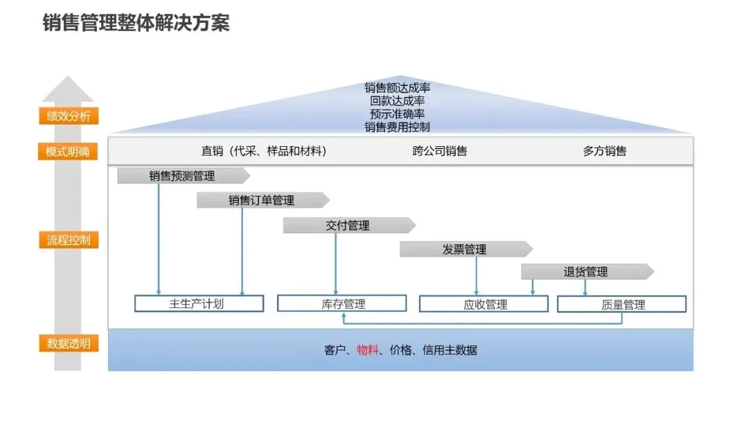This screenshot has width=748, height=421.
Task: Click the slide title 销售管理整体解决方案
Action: pyautogui.click(x=136, y=23)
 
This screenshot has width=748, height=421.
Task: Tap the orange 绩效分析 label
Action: pyautogui.click(x=69, y=116)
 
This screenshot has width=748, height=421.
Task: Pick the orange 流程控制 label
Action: pyautogui.click(x=69, y=241)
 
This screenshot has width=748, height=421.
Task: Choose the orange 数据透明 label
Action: pyautogui.click(x=69, y=343)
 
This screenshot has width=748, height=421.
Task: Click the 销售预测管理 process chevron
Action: pyautogui.click(x=182, y=176)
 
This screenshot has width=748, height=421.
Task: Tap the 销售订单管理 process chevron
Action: pyautogui.click(x=262, y=200)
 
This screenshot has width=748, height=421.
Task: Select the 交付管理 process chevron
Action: pyautogui.click(x=348, y=225)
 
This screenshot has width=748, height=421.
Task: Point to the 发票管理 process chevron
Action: pyautogui.click(x=465, y=249)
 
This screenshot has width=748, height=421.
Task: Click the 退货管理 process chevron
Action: pyautogui.click(x=586, y=271)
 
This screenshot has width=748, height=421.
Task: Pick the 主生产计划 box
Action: pyautogui.click(x=199, y=303)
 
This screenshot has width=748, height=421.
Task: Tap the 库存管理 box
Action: pyautogui.click(x=341, y=303)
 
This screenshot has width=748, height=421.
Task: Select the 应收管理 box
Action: pyautogui.click(x=484, y=304)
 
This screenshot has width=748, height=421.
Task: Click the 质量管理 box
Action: pyautogui.click(x=621, y=304)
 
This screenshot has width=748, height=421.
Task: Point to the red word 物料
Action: pyautogui.click(x=368, y=350)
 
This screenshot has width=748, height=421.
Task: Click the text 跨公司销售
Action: pyautogui.click(x=440, y=151)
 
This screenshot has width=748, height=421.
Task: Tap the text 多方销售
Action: pyautogui.click(x=605, y=151)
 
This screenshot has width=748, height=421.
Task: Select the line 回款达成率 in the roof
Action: pyautogui.click(x=398, y=101)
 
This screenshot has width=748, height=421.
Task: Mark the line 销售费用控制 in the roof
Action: pyautogui.click(x=398, y=127)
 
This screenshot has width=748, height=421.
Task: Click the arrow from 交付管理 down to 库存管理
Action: pyautogui.click(x=336, y=263)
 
